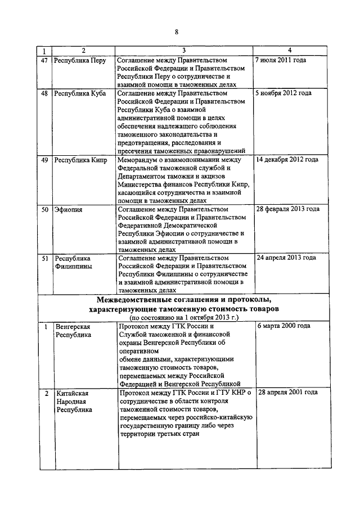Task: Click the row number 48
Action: click(44, 93)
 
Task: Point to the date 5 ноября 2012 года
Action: click(283, 93)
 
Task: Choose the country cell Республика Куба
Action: click(80, 93)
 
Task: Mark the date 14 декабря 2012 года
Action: click(287, 160)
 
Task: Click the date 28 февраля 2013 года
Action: click(287, 209)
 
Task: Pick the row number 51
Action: click(44, 259)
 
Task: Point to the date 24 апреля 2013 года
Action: click(286, 259)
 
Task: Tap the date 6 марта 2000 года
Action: click(283, 326)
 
